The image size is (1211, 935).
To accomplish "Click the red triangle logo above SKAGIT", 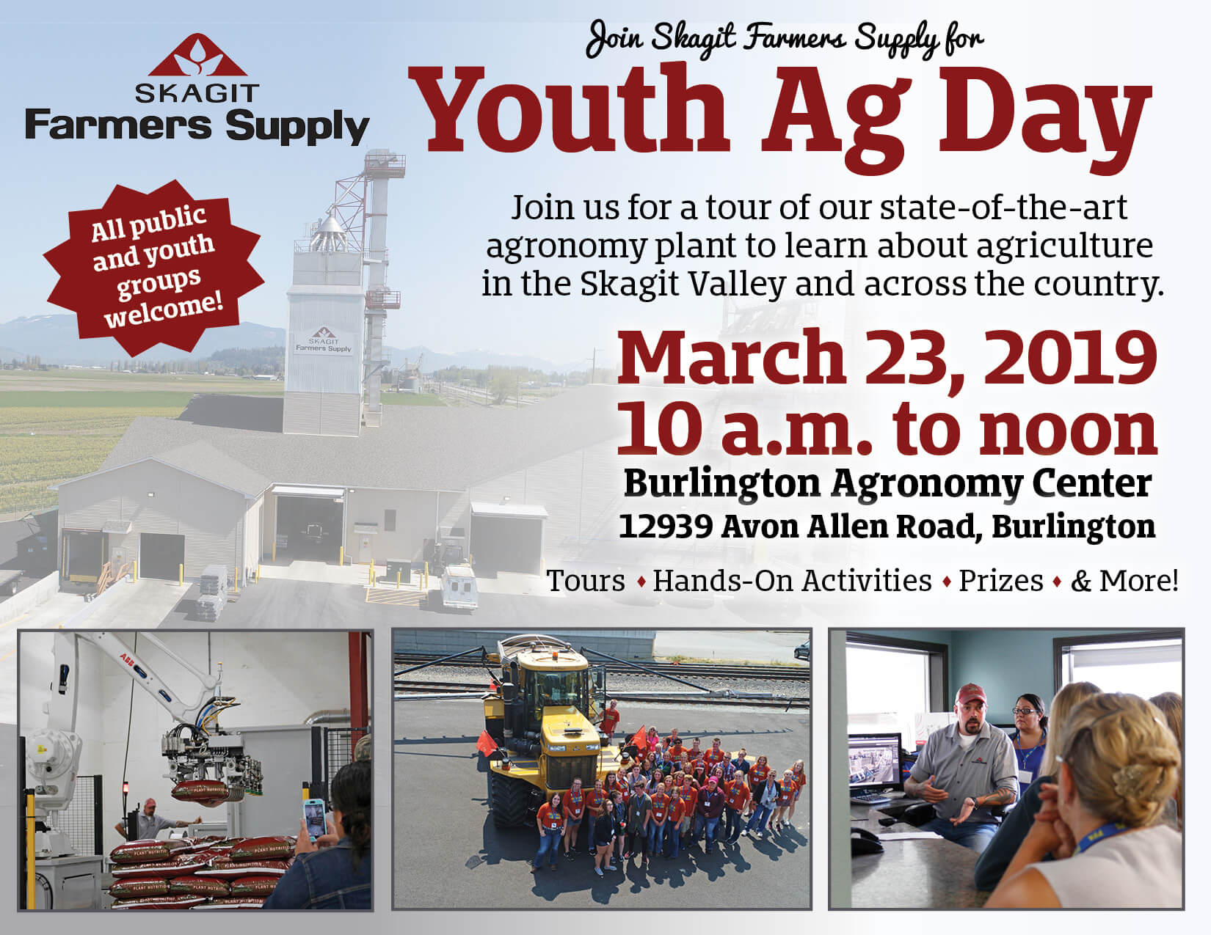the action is [x=197, y=55].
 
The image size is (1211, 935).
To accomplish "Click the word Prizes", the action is [x=1001, y=580].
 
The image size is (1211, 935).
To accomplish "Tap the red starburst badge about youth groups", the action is [x=153, y=268].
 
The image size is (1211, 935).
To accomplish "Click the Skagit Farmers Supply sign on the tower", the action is [x=323, y=342].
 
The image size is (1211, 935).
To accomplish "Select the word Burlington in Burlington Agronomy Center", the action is [x=721, y=483].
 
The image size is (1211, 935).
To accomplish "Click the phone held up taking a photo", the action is [x=315, y=819].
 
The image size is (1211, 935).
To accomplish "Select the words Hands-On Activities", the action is [x=792, y=580].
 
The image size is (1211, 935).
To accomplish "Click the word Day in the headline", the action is [x=1045, y=117].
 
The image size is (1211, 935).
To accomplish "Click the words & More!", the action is [x=1124, y=580].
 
